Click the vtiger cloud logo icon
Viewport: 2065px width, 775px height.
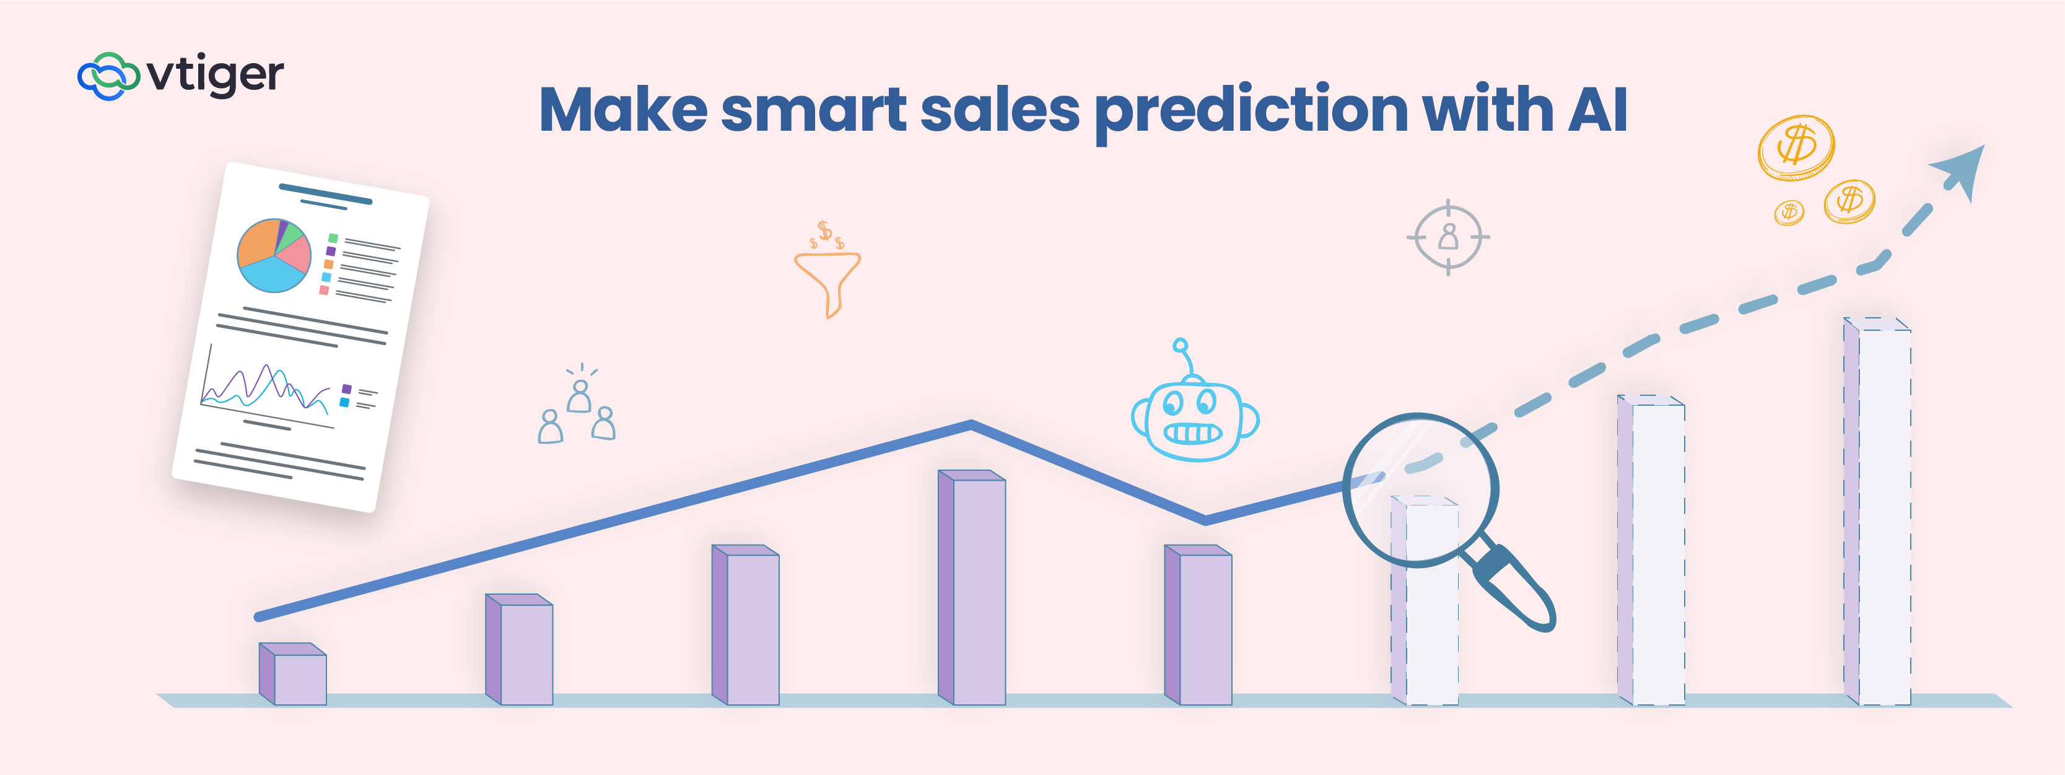coord(108,76)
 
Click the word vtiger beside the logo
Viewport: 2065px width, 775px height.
coord(216,76)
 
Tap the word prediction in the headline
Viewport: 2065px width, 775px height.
coord(1251,112)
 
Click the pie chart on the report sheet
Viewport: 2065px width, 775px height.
coord(273,255)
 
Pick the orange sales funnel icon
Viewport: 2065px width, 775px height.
coord(827,270)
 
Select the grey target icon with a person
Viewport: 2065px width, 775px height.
coord(1447,237)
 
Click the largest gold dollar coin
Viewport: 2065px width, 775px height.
coord(1796,147)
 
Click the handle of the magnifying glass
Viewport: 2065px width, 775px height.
coord(1511,587)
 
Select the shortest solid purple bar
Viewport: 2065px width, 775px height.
coord(292,674)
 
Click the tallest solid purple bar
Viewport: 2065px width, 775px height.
coord(972,587)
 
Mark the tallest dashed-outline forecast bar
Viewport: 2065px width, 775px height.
coord(1877,511)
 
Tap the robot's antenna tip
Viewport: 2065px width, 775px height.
coord(1180,346)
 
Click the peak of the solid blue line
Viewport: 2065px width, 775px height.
coord(972,423)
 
